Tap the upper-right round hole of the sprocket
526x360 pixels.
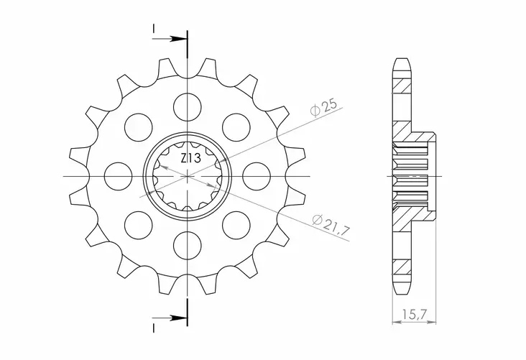click(236, 126)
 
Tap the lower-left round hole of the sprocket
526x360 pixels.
click(137, 224)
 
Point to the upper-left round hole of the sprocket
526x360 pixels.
click(137, 126)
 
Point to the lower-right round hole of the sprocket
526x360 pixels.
click(236, 224)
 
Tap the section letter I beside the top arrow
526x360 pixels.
click(154, 28)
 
